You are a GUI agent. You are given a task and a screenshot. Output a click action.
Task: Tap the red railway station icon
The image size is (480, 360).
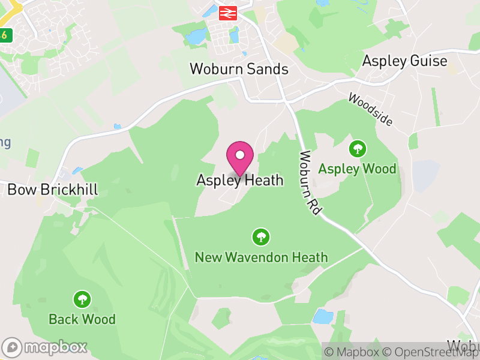[x=227, y=13]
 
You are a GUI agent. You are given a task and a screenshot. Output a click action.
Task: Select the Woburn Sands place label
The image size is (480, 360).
[x=239, y=69]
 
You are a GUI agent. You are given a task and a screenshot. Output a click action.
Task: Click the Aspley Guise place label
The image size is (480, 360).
[x=404, y=61]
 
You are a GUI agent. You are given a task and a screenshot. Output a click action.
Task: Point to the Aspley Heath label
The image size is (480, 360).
[x=239, y=180]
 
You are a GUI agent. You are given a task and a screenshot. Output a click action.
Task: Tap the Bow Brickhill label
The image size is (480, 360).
[x=52, y=190]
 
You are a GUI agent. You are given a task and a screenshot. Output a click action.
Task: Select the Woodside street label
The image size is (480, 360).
[x=370, y=110]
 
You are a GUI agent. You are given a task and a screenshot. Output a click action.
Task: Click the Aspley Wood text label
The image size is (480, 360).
[x=357, y=169]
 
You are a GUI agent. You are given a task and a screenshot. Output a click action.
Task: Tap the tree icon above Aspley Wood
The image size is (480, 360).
[x=358, y=148]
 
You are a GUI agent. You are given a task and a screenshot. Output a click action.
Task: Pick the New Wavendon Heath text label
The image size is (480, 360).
[x=261, y=257]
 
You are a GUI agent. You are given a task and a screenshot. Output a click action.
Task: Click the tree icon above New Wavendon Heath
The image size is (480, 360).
[x=260, y=237]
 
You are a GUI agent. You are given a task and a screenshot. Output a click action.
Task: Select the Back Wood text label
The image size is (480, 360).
[x=82, y=319]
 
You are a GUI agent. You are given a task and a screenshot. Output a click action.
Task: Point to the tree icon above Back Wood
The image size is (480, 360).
[x=82, y=299]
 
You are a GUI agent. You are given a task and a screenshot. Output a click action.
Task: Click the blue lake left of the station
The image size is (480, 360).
[x=196, y=38]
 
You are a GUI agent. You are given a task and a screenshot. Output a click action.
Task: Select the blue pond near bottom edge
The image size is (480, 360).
[x=323, y=316]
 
